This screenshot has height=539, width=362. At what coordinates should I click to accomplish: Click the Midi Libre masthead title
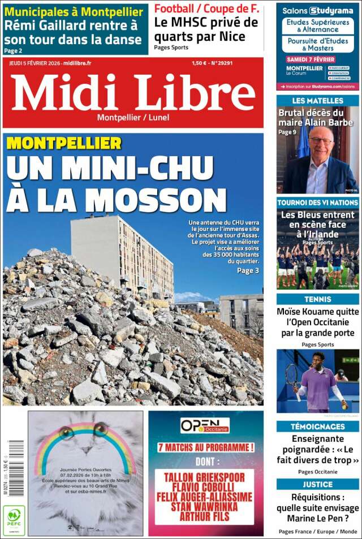coord(133,93)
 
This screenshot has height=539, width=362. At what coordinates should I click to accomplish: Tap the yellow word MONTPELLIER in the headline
coord(64,143)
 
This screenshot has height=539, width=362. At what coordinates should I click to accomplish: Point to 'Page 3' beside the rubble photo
coord(248,270)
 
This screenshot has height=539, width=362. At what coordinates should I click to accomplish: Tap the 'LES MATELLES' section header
coord(317,101)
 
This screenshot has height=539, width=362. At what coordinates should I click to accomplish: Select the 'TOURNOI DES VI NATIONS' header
coord(317,202)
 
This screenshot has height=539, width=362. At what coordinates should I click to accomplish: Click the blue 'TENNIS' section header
coord(317,299)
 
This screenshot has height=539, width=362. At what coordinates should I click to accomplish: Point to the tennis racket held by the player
coord(292,378)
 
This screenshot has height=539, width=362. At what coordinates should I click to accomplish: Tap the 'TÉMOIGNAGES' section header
coord(317,426)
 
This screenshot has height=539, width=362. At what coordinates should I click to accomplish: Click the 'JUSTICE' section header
coord(317,484)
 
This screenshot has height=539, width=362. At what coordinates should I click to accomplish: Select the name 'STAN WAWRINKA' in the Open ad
coord(205,506)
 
